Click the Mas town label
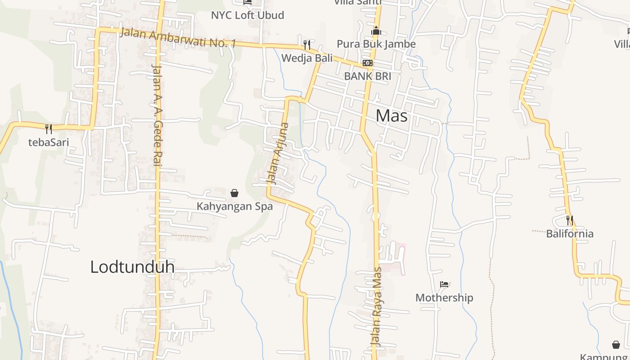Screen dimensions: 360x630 click(x=391, y=116)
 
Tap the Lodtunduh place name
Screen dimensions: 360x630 click(x=132, y=266)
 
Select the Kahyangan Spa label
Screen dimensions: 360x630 click(x=234, y=207)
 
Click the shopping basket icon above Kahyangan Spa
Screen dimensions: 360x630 click(x=234, y=193)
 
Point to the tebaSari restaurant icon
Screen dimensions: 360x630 click(x=49, y=129)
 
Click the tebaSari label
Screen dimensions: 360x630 click(x=49, y=142)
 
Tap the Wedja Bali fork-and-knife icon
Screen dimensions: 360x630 click(x=307, y=45)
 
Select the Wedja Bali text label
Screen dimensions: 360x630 click(x=307, y=58)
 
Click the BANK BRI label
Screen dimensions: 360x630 click(x=367, y=76)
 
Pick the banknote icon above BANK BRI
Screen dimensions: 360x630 click(x=368, y=63)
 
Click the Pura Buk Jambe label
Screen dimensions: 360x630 click(x=376, y=44)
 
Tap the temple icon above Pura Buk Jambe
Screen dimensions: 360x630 click(x=376, y=31)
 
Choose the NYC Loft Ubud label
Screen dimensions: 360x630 click(x=247, y=15)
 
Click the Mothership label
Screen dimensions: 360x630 click(x=444, y=297)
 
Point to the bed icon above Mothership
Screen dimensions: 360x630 click(x=444, y=284)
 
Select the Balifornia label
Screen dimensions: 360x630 click(x=570, y=234)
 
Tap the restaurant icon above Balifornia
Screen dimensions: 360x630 click(x=570, y=220)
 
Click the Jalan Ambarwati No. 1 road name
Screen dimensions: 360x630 click(x=178, y=38)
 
